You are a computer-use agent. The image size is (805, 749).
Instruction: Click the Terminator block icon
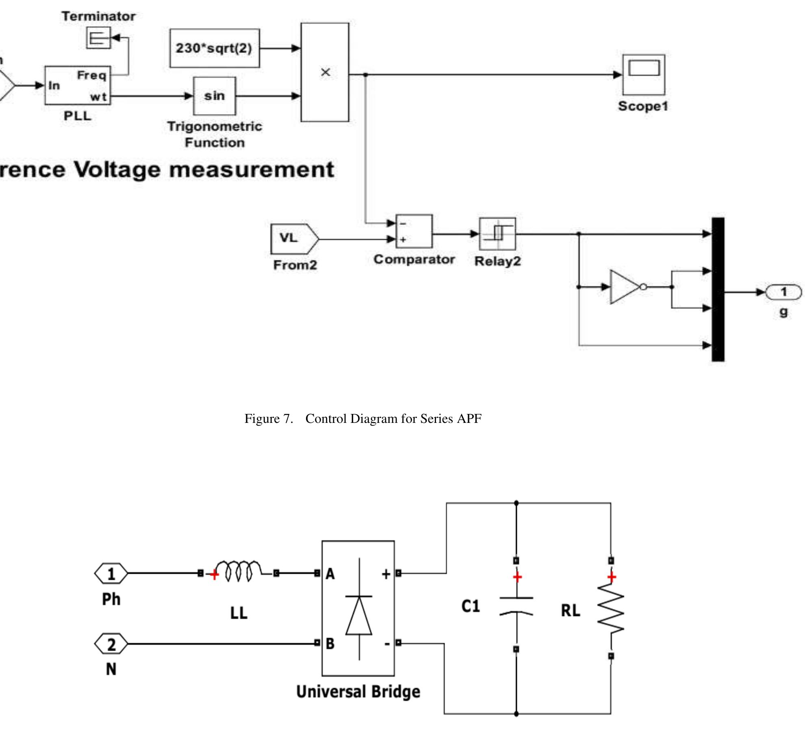pos(98,38)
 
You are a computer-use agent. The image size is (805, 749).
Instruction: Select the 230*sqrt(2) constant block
pos(215,48)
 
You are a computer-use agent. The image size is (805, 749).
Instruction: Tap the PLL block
pos(77,85)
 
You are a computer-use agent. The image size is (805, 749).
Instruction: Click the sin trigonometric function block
pos(215,96)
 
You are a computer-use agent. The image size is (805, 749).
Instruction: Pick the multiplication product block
pos(325,72)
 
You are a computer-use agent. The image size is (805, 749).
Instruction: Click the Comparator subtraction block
pos(414,231)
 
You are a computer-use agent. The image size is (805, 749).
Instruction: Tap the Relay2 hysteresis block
pos(497,234)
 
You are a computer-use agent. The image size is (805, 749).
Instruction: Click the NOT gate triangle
pos(625,287)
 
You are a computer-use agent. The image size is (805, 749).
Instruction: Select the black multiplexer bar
pos(718,289)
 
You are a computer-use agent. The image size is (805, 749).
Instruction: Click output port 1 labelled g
pos(783,292)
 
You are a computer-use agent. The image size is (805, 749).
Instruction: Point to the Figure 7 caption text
pos(363,418)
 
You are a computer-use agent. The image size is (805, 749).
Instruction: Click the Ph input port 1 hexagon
pos(111,573)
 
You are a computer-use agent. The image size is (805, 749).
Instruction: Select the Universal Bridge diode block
pos(358,608)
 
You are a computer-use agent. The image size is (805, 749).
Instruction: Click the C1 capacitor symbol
pos(516,605)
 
